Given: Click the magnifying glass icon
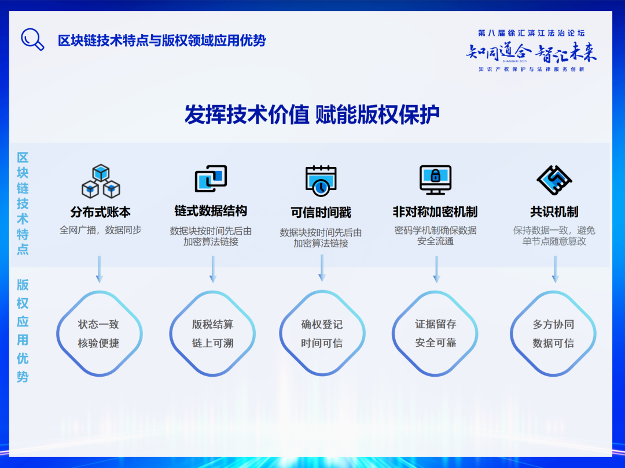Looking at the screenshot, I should coord(32,39).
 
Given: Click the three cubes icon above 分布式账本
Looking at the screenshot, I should coord(101,181).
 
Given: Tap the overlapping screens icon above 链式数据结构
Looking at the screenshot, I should coord(211,179).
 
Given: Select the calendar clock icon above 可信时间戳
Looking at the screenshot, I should coord(321,180).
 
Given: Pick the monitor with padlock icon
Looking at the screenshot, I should coord(435,180).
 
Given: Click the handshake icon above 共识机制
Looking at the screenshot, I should coord(554,180).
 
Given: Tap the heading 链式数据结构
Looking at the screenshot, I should coord(211,211).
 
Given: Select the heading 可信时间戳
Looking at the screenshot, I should coord(321,213).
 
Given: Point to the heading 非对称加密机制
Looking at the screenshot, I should coord(435,211).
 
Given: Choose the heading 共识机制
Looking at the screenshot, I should coord(554,211).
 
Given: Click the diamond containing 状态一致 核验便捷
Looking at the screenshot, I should coord(99,333).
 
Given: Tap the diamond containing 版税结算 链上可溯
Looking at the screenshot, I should coord(212,333).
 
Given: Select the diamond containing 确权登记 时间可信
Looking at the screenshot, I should coord(322,333).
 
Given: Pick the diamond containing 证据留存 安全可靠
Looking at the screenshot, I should coord(435,333).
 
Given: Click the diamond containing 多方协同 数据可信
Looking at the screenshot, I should coord(553,333).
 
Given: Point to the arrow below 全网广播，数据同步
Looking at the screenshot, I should coord(99,269).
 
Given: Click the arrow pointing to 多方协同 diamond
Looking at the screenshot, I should coord(555,269).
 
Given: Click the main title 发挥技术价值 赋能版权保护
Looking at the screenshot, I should coord(312,114).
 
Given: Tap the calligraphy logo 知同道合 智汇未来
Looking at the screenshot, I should coord(531,53).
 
